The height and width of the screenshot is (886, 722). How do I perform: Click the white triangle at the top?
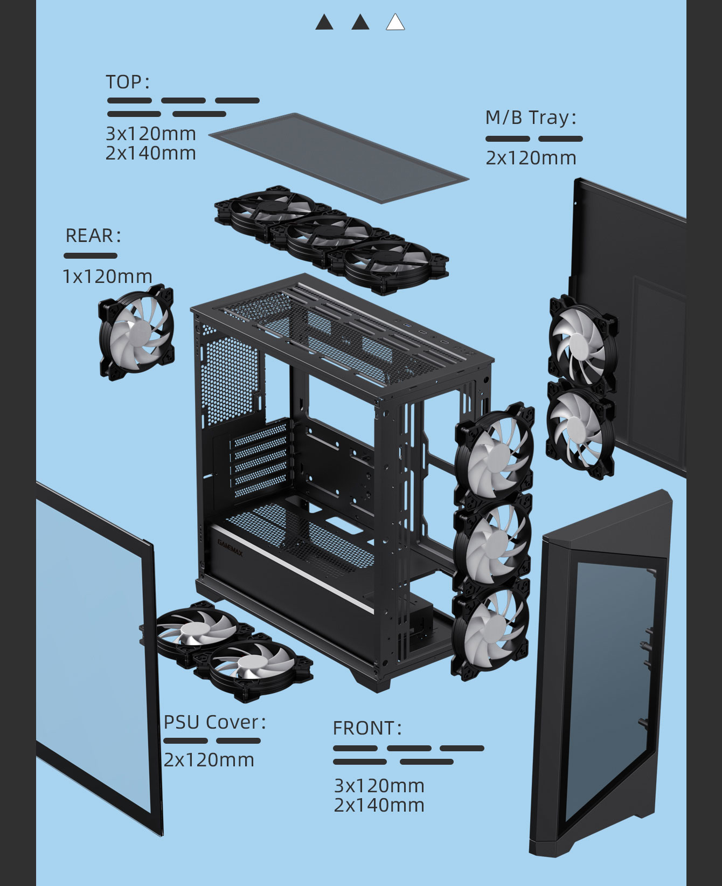pos(395,23)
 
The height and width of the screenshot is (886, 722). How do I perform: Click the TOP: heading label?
pos(127,82)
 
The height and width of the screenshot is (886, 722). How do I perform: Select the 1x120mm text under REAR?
pos(107,276)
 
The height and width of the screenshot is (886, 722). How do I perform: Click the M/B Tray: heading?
pos(530,117)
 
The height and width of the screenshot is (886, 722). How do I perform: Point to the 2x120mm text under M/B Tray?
pos(531,158)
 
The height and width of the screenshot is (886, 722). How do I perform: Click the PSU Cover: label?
pos(214,722)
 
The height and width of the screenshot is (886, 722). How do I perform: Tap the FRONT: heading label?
pos(367,728)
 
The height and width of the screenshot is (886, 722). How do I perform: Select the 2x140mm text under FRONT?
pos(379,805)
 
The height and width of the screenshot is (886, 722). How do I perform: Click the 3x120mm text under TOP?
pos(150,133)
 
